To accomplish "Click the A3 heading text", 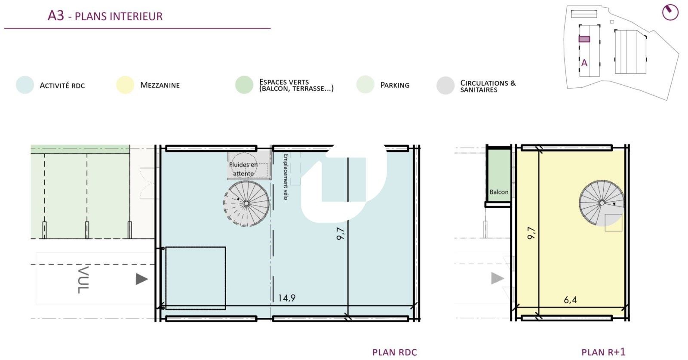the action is (56, 15).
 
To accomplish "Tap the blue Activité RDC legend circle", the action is (25, 85).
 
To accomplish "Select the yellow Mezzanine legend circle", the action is (125, 85).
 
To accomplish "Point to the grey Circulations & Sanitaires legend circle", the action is (445, 86).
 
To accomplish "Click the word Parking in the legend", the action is (395, 85).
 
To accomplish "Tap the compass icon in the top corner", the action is (670, 12).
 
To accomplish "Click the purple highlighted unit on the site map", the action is (584, 39).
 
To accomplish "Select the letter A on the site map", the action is (584, 63).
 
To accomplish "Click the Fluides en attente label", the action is (243, 169).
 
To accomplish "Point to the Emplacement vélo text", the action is (286, 177).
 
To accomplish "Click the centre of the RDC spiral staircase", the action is (246, 203).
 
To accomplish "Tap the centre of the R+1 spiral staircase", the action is (602, 203).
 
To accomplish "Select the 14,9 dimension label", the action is (286, 298).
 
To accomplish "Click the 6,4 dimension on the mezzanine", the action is (570, 299).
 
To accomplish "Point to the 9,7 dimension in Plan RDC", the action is (341, 234).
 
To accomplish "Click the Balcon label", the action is (499, 192).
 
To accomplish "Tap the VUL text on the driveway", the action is (83, 280).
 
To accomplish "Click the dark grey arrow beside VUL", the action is (142, 279).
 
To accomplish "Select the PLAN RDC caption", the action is (394, 352).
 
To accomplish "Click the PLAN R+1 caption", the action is (603, 352).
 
